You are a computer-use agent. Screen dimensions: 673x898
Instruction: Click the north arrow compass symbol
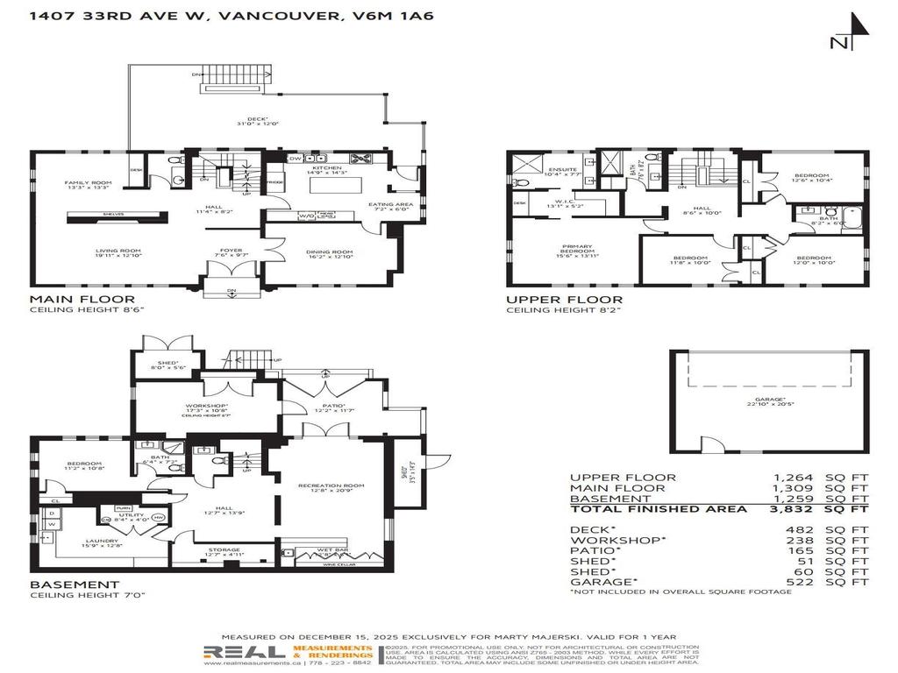pos(848,33)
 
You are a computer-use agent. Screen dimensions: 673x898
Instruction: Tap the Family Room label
pos(84,185)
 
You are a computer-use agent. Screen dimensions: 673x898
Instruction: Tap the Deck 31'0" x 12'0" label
pos(257,121)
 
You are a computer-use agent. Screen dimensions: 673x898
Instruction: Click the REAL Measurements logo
pos(289,653)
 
